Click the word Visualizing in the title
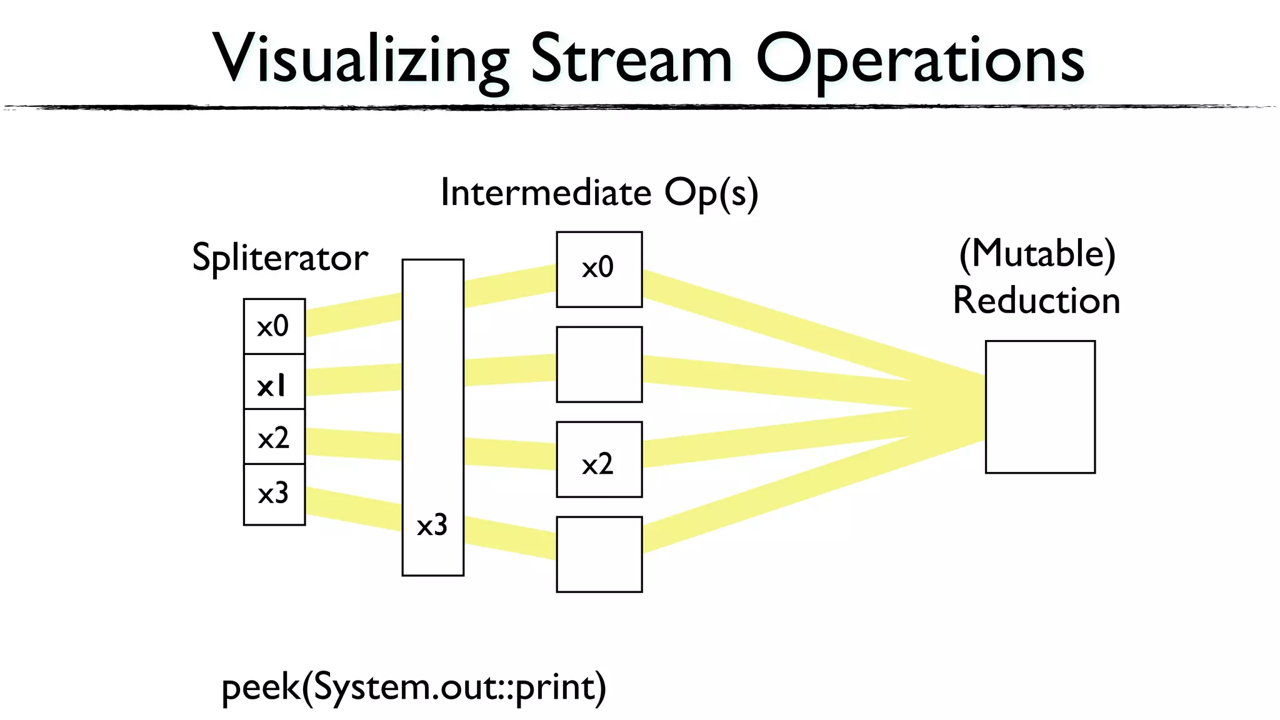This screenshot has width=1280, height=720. pos(361,59)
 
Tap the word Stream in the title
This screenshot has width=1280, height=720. pos(631,59)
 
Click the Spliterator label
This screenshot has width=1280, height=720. pos(279,257)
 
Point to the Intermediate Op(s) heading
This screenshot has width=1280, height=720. pos(599,192)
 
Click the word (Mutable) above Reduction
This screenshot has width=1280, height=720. pos(1037,254)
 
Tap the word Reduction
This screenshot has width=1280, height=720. pos(1036,301)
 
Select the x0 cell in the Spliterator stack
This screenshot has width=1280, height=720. pos(274,326)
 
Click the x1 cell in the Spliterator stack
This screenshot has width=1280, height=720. pos(274,382)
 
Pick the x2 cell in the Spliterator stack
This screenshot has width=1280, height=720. pos(274,437)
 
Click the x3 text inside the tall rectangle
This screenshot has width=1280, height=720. pos(432,525)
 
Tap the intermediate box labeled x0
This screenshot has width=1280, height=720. pos(599,269)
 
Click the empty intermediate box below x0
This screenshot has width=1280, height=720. pos(599,364)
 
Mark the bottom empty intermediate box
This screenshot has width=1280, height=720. pos(599,554)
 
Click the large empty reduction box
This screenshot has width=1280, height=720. pos(1040,407)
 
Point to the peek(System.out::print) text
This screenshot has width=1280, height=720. pos(414,687)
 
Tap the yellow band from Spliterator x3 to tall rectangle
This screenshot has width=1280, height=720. pos(353,509)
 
